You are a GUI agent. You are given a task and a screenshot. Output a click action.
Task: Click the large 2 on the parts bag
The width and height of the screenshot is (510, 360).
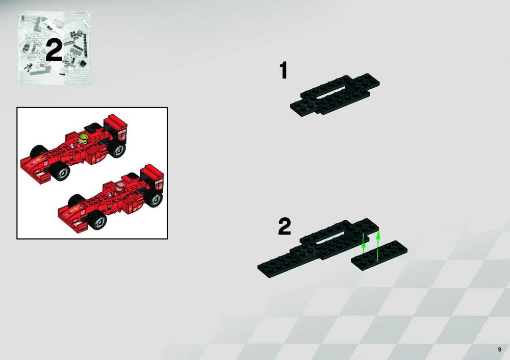pyautogui.click(x=54, y=50)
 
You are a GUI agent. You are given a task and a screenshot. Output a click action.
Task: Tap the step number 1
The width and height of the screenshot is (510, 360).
pyautogui.click(x=284, y=70)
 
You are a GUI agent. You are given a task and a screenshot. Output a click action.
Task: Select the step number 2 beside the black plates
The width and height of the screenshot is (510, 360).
pyautogui.click(x=284, y=226)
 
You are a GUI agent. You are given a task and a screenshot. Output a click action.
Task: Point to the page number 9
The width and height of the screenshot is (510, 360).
pyautogui.click(x=500, y=350)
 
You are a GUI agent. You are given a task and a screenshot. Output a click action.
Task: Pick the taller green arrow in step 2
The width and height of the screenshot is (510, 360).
pyautogui.click(x=377, y=246)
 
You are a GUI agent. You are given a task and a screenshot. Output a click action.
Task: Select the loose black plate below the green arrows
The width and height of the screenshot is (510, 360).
pyautogui.click(x=379, y=255)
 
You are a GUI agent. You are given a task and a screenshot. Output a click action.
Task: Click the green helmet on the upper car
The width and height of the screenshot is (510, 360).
pyautogui.click(x=83, y=139)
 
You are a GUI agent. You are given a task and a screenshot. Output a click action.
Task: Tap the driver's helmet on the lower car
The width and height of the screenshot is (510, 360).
pyautogui.click(x=120, y=188)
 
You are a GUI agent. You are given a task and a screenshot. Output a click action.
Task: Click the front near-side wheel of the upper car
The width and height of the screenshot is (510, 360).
pyautogui.click(x=60, y=171)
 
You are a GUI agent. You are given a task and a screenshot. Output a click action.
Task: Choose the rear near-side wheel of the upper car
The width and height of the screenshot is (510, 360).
pyautogui.click(x=117, y=149)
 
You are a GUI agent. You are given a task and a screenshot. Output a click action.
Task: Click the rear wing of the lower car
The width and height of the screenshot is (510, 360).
pyautogui.click(x=152, y=177)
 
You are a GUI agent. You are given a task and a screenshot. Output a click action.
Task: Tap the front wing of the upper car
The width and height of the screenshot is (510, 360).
pyautogui.click(x=36, y=171)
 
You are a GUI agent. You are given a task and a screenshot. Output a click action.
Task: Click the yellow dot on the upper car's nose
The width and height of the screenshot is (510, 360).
pyautogui.click(x=39, y=160)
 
